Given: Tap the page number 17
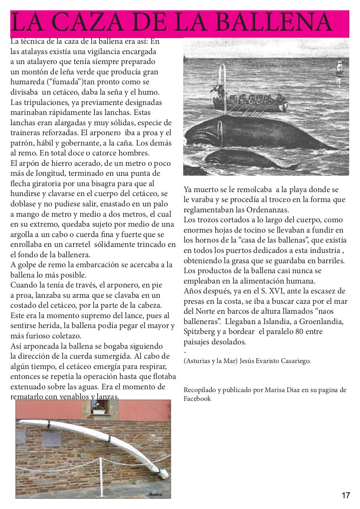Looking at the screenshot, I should (x=345, y=495).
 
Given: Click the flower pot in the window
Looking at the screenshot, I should (x=98, y=407).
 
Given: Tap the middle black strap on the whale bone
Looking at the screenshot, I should (x=108, y=438).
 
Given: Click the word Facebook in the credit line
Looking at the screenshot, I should (x=197, y=399).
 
